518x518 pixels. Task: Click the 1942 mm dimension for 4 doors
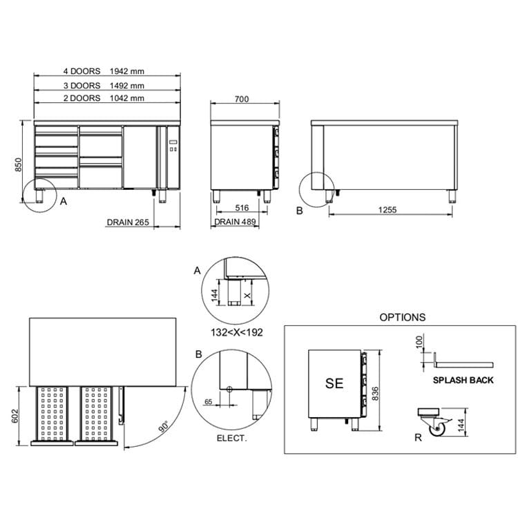[x=127, y=71]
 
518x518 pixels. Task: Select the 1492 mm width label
[x=127, y=86]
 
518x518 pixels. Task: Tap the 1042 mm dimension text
[x=127, y=98]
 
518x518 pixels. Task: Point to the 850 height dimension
[x=18, y=165]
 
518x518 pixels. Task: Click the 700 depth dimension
[x=242, y=99]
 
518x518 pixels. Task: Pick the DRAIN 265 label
[x=128, y=222]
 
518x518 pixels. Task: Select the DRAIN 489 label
[x=236, y=222]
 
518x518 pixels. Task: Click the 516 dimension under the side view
[x=242, y=208]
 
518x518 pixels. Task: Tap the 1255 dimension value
[x=387, y=210]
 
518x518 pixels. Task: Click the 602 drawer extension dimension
[x=15, y=416]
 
